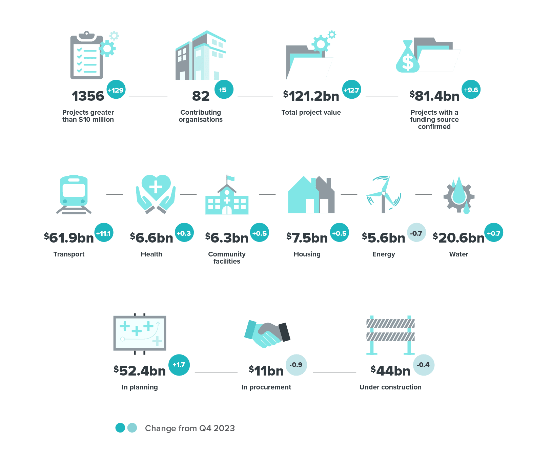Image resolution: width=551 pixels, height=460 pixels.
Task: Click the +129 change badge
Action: [x=116, y=90]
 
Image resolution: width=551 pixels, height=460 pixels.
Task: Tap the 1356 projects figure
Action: [x=88, y=96]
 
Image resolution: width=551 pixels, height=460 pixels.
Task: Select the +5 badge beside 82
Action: [x=224, y=90]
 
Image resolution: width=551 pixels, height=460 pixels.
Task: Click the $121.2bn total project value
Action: [x=311, y=96]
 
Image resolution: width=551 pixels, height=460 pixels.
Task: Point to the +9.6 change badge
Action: [x=471, y=90]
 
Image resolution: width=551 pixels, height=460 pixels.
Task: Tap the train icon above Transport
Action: [x=74, y=194]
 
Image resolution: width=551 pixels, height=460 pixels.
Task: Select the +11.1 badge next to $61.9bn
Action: [x=104, y=233]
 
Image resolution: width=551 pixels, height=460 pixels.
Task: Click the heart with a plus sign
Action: [x=156, y=188]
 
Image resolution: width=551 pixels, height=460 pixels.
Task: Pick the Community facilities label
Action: [x=227, y=257]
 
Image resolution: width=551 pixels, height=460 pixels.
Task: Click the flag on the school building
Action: [x=230, y=178]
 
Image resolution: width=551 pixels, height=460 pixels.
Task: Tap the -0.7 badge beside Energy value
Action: [x=416, y=233]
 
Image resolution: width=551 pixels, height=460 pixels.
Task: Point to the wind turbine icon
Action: [x=384, y=194]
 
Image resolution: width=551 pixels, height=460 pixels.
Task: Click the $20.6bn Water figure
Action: [x=459, y=238]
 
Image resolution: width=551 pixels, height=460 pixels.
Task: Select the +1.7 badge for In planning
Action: [x=179, y=365]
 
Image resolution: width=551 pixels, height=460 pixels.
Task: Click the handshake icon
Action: [x=267, y=334]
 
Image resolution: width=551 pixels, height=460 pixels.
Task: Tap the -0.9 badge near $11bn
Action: [x=296, y=365]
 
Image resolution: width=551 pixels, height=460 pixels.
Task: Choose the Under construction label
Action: [x=390, y=387]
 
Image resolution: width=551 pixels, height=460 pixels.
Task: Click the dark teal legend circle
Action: [x=120, y=428]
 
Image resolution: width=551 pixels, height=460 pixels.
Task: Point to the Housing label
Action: [x=307, y=254]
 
